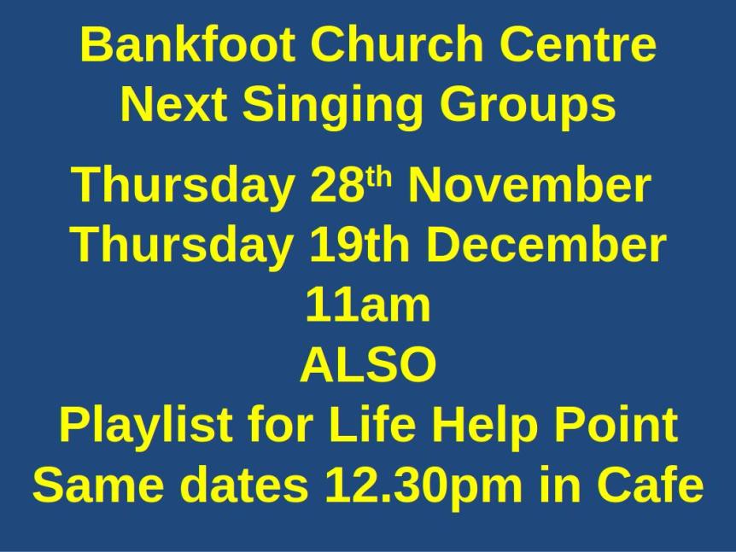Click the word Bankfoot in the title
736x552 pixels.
pos(189,44)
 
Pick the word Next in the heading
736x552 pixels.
pos(174,106)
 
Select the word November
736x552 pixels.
pos(529,185)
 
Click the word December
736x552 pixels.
pos(546,246)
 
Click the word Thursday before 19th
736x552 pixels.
pos(180,246)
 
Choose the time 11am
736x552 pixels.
pos(368,305)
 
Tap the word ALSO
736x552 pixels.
pos(368,365)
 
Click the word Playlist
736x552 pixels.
pos(145,426)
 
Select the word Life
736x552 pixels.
pos(377,426)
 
